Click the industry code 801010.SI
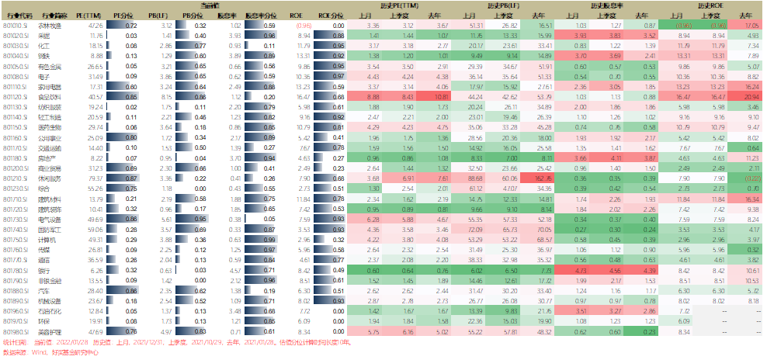point(16,26)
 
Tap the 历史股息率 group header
point(608,5)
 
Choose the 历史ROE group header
point(713,5)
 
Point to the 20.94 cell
point(748,96)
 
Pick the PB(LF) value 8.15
point(164,96)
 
